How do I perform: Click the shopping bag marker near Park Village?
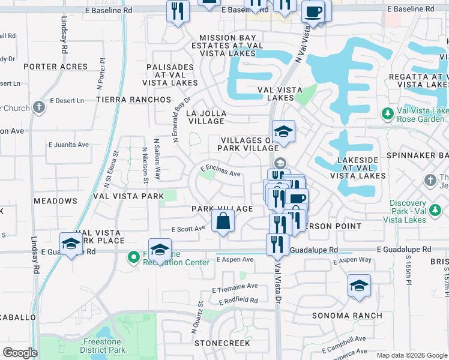click(223, 221)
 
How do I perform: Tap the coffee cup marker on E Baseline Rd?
click(313, 11)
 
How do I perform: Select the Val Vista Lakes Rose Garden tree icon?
click(388, 112)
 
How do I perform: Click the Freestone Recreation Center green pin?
click(133, 258)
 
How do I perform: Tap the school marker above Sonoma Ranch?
click(358, 286)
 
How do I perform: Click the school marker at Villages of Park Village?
click(283, 131)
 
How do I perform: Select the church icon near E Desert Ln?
click(39, 108)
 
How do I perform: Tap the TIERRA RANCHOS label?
click(133, 99)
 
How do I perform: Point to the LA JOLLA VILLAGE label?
click(206, 116)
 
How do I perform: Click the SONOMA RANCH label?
click(347, 316)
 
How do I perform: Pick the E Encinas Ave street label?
click(220, 171)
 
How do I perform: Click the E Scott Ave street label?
click(188, 229)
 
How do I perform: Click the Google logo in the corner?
click(20, 353)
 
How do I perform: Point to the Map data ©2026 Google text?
click(411, 355)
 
